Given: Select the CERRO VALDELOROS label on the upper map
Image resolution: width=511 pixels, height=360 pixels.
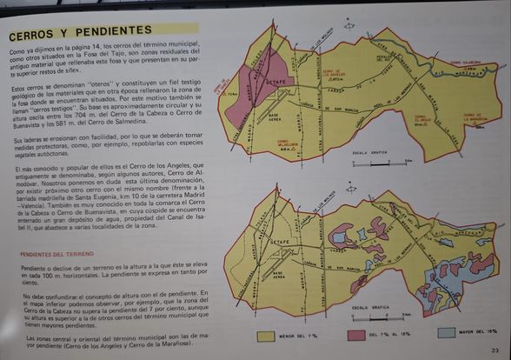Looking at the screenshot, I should [289, 144].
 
